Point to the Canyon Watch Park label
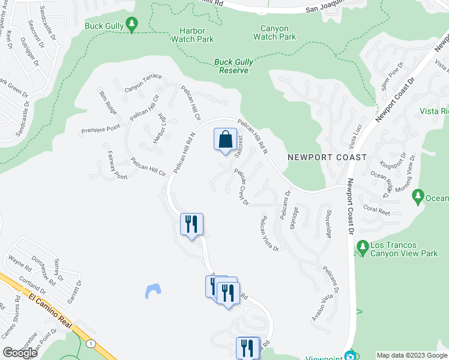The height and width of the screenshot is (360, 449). pyautogui.click(x=275, y=32)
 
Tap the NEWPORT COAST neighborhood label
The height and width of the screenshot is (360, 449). pyautogui.click(x=327, y=157)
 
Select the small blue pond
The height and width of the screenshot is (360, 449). pyautogui.click(x=153, y=291)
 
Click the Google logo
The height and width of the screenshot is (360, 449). pyautogui.click(x=20, y=353)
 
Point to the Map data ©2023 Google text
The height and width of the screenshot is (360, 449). pyautogui.click(x=411, y=355)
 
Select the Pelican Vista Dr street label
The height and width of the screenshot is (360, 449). pyautogui.click(x=268, y=234)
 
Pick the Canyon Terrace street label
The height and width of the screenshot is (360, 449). pyautogui.click(x=143, y=83)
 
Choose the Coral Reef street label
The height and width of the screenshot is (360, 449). pyautogui.click(x=377, y=210)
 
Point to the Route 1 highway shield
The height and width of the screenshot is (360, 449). pyautogui.click(x=91, y=343)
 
